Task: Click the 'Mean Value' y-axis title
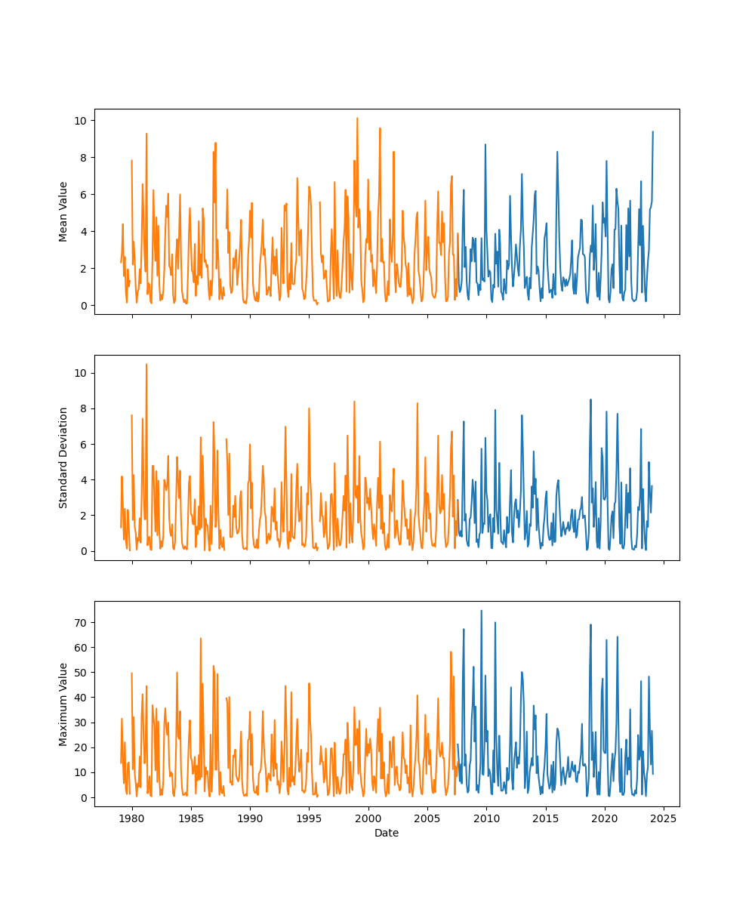[x=63, y=211]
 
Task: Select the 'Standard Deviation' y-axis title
[x=63, y=458]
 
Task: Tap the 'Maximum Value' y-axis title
[x=63, y=704]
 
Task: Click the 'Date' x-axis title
[x=387, y=833]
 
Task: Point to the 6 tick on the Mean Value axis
[x=83, y=195]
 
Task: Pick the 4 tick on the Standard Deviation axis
[x=83, y=480]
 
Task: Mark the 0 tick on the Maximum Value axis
[x=83, y=797]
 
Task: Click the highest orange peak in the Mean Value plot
[x=357, y=119]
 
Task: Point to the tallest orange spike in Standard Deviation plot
[x=146, y=365]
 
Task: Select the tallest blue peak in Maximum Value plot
[x=481, y=611]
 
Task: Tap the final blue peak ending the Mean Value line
[x=653, y=132]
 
